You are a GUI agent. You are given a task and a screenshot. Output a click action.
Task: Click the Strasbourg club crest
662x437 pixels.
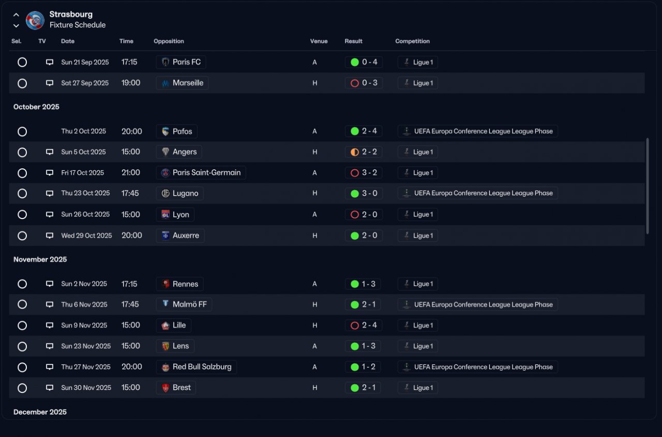[35, 20]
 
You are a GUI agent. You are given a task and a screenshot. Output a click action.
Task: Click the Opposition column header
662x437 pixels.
[169, 41]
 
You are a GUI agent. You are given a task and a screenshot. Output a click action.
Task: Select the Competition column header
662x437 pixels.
[412, 41]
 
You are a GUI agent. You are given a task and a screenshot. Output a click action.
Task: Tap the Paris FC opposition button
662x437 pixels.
[181, 62]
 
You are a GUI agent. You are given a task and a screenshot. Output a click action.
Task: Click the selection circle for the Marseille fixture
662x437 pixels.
[22, 83]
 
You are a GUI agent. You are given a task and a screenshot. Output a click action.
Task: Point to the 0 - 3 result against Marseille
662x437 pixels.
[364, 83]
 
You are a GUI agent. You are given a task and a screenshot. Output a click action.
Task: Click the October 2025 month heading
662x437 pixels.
[36, 107]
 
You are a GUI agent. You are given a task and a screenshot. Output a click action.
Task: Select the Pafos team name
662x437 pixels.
[183, 132]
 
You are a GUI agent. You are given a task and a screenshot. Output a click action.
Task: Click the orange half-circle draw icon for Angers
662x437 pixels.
[355, 152]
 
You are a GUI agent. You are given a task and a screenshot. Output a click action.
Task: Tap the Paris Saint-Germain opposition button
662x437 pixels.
[201, 172]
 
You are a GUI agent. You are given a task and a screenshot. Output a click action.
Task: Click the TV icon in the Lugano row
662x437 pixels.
[50, 193]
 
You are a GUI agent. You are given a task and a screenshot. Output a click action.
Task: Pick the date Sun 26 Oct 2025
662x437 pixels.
[85, 214]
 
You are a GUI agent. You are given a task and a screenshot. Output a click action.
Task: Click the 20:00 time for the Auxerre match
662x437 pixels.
[131, 236]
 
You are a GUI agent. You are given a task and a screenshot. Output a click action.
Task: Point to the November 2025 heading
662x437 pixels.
[40, 259]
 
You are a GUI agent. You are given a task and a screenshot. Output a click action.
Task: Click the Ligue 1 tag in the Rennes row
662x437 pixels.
[417, 284]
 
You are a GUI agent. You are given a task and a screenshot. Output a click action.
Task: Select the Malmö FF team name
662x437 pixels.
[190, 304]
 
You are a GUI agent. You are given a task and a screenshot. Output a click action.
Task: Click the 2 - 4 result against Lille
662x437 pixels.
[363, 325]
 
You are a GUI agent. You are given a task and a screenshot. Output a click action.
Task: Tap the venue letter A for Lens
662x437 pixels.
[314, 346]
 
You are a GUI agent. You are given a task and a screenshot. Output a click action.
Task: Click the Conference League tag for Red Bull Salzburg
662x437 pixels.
[477, 367]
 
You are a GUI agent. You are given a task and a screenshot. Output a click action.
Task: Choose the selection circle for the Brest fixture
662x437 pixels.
[22, 388]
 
